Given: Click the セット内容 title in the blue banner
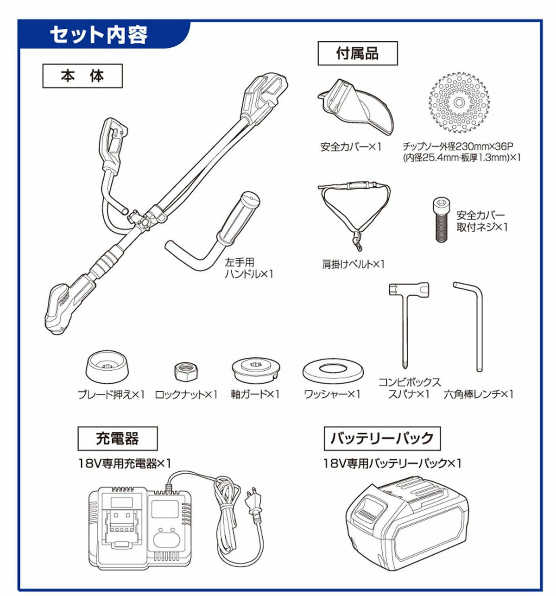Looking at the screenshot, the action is [99, 35].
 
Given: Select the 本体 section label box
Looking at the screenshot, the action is [82, 76].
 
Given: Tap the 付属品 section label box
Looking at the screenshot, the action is [358, 53].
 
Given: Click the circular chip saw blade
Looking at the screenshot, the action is [459, 103].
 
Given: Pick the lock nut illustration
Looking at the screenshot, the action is [186, 372].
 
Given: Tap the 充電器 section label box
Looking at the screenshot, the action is [118, 439].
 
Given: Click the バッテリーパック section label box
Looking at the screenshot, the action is [382, 438].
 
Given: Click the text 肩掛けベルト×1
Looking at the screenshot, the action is [353, 264].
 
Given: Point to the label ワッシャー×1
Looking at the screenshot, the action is [332, 394].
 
